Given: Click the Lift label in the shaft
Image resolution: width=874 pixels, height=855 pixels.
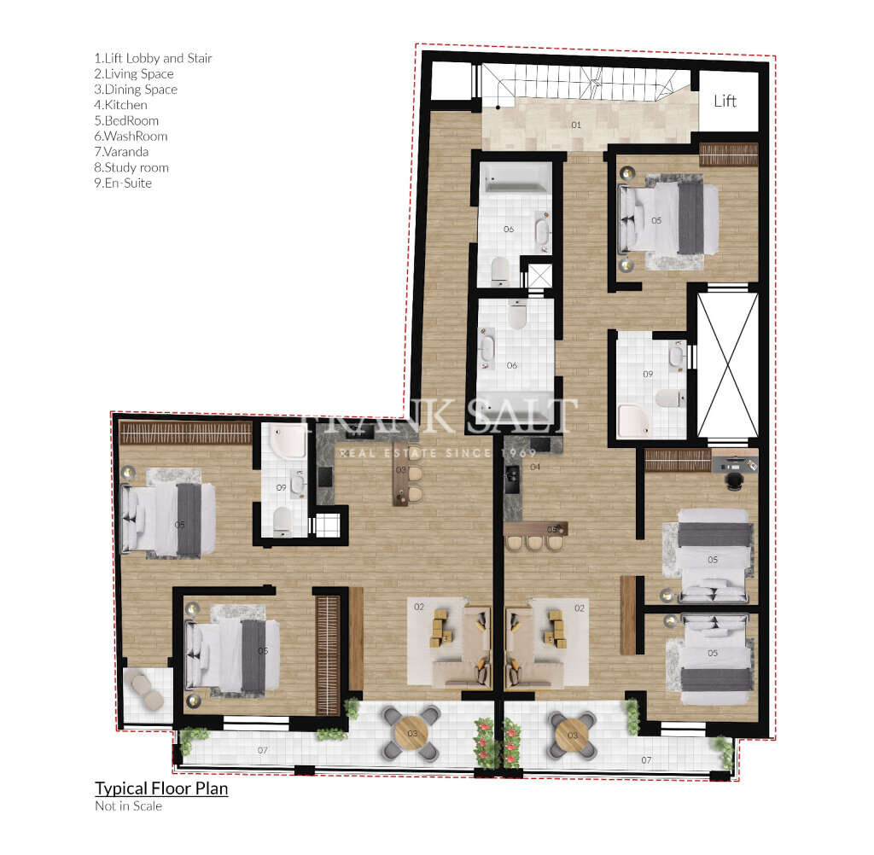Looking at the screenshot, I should click(725, 101).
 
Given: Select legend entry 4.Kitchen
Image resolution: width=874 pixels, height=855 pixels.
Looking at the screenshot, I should click(120, 105).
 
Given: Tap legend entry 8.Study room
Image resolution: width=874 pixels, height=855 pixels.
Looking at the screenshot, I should click(131, 167).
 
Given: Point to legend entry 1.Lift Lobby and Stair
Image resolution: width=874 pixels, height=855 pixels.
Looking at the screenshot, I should click(153, 58).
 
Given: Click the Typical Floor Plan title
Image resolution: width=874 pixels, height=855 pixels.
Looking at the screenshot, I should click(161, 788).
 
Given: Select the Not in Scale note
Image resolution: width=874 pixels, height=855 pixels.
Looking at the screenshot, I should click(128, 806).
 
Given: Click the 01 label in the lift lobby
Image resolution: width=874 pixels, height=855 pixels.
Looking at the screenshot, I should click(576, 125).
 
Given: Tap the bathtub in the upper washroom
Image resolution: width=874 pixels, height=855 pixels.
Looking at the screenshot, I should click(516, 179).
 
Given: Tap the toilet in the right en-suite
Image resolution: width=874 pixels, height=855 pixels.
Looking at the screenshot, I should click(668, 398).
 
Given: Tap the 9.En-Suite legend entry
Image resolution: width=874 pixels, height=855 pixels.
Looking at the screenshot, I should click(123, 183).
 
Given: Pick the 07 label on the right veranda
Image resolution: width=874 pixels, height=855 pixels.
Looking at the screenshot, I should click(646, 759).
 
